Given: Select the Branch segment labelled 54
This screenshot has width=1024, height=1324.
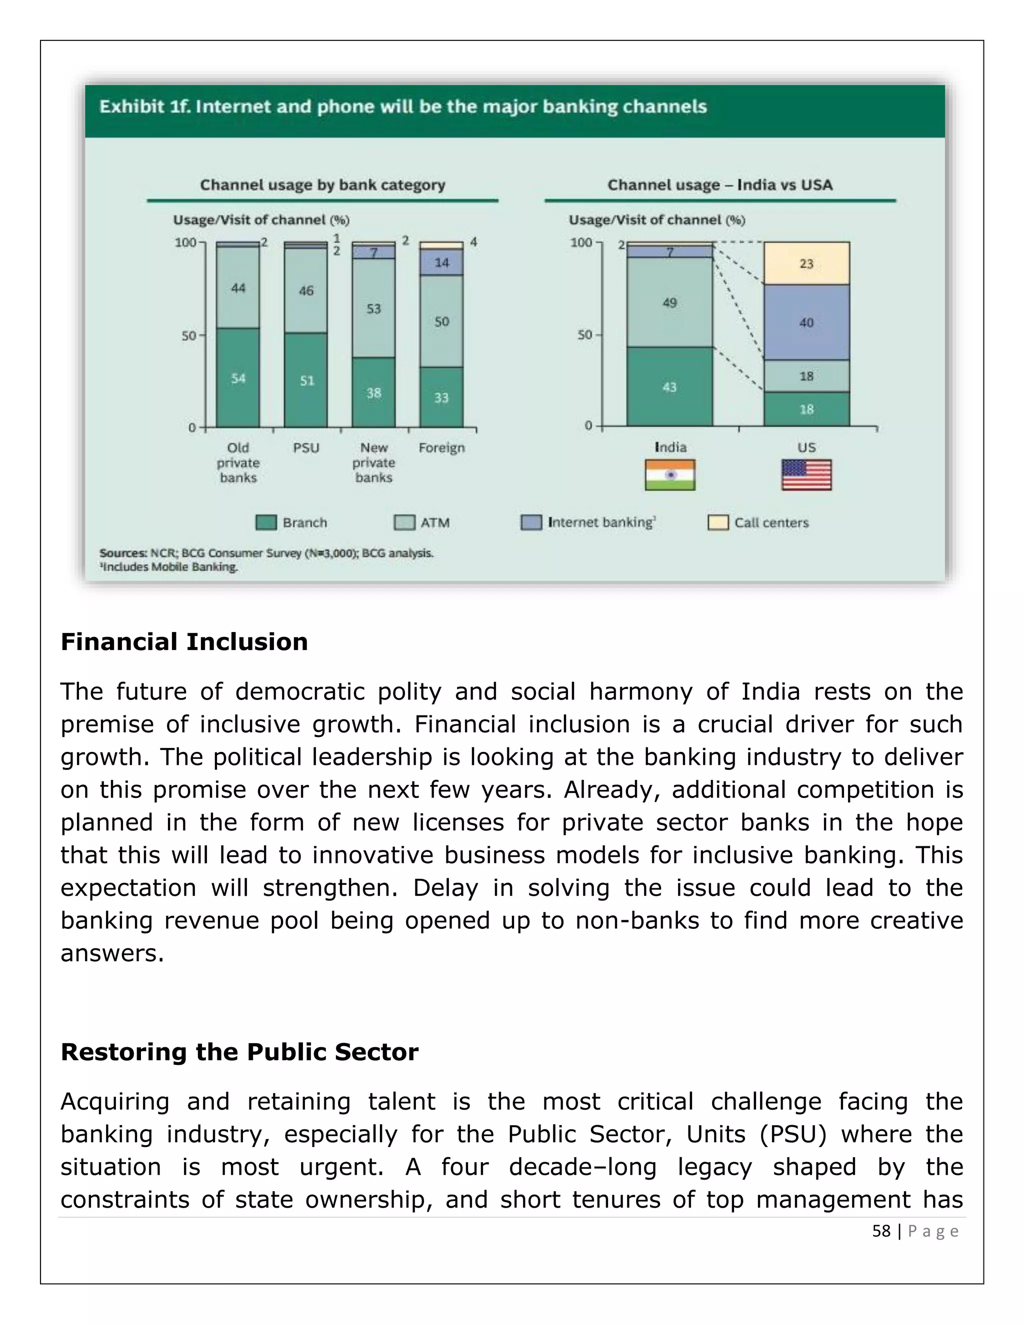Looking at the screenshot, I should pos(238,378).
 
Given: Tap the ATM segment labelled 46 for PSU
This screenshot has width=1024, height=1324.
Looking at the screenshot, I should pos(305,290).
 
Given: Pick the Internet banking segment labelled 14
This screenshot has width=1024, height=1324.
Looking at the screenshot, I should pos(441,262).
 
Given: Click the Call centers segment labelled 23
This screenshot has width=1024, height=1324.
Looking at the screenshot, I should pos(806,264).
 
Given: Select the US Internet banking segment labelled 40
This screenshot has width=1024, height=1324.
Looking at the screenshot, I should pos(806,323).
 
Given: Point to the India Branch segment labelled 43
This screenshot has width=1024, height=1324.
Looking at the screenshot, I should pos(669,387).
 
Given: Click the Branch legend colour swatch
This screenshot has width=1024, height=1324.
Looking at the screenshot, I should pos(265,523).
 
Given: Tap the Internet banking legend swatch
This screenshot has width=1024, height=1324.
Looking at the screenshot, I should pos(531,523).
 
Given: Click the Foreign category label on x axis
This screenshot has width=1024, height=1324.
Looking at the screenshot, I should pos(441,448).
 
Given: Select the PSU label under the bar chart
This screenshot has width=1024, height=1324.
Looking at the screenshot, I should pos(305,448).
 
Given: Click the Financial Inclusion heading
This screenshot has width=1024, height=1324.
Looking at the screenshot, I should pos(184,642).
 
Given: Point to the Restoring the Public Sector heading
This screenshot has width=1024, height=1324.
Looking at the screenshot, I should pos(239,1052).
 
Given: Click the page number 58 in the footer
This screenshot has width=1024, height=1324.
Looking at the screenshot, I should pos(881,1231).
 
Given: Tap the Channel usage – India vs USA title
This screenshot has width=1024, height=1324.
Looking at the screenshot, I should pos(719,185).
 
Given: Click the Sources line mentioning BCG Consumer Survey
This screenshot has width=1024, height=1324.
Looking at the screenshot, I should pos(266,553).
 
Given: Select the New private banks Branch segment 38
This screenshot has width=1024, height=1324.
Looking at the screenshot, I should pos(373,393).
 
